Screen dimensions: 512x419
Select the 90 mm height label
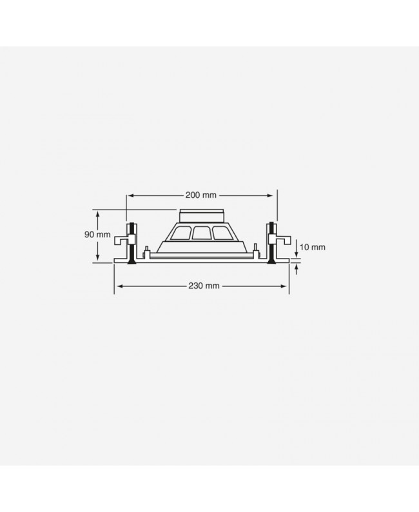pos(97,235)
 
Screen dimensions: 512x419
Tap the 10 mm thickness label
pos(313,247)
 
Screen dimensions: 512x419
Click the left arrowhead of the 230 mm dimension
pos(117,285)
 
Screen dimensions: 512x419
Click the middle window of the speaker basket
pos(201,233)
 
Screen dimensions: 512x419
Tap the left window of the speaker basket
pos(182,234)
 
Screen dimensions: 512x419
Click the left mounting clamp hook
pos(121,241)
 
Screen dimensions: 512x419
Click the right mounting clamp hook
pos(281,241)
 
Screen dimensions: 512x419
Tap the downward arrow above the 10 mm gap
pos(296,253)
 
